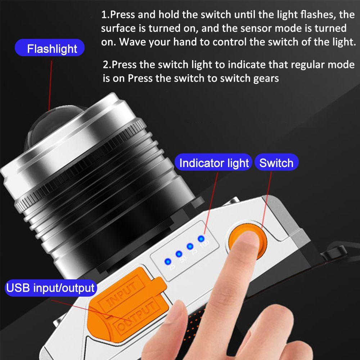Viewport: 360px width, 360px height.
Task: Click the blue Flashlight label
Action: click(50, 48)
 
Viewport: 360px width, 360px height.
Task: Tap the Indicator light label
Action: click(213, 162)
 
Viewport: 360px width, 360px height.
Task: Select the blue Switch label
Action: click(276, 162)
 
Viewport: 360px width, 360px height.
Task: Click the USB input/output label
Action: click(50, 288)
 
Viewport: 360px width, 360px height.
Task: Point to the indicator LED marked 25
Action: click(168, 261)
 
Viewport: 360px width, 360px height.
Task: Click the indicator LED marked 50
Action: click(179, 254)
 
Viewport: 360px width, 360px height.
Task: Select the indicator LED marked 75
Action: click(190, 246)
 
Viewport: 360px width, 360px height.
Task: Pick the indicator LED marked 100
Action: click(201, 239)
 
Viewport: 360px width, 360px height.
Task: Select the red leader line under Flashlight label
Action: click(50, 85)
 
